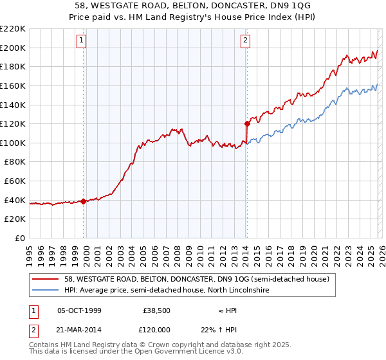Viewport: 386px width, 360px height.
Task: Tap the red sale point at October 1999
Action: pyautogui.click(x=84, y=201)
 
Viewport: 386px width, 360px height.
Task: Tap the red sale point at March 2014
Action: pyautogui.click(x=247, y=123)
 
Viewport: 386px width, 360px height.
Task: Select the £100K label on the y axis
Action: pyautogui.click(x=13, y=143)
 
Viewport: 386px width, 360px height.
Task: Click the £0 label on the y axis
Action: pyautogui.click(x=19, y=238)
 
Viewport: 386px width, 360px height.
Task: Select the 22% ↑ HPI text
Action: pyautogui.click(x=229, y=330)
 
